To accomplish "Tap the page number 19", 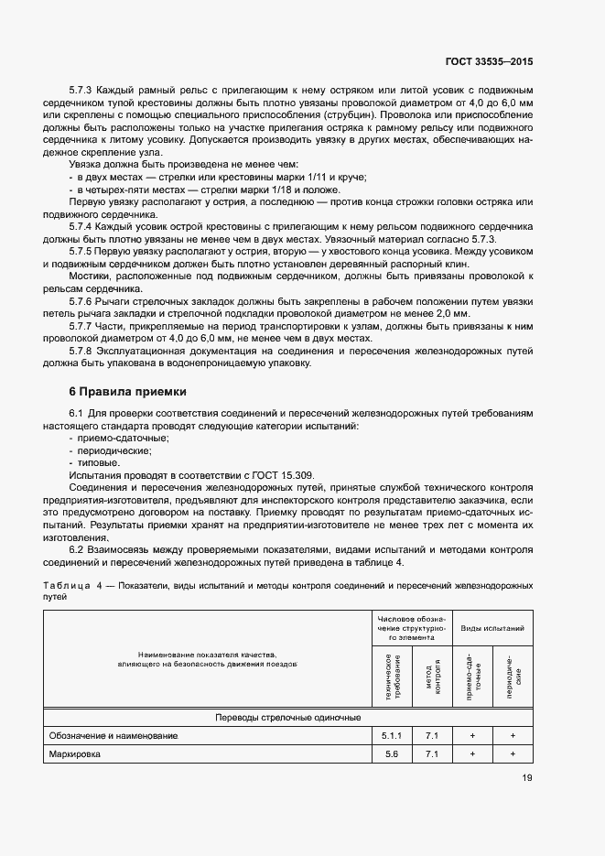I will [526, 779].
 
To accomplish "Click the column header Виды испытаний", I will [492, 629].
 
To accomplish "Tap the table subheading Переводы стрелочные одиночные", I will [287, 717].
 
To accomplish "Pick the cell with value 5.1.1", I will [390, 735].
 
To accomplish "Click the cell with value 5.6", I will [390, 753].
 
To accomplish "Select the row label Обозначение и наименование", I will [114, 735].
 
